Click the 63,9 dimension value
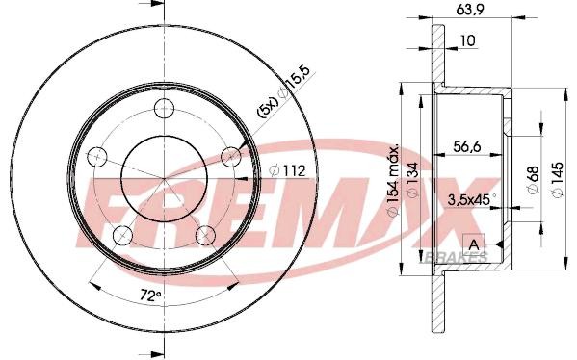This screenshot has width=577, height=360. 470,10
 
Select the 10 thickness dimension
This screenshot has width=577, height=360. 468,40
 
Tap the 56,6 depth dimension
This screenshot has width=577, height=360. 467,146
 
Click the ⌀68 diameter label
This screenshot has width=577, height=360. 534,179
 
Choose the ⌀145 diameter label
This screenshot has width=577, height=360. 558,179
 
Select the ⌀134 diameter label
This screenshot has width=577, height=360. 413,180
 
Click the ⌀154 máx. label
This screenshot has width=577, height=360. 393,180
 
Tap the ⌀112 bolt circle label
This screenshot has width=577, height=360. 287,170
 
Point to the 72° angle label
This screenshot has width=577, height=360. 151,296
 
